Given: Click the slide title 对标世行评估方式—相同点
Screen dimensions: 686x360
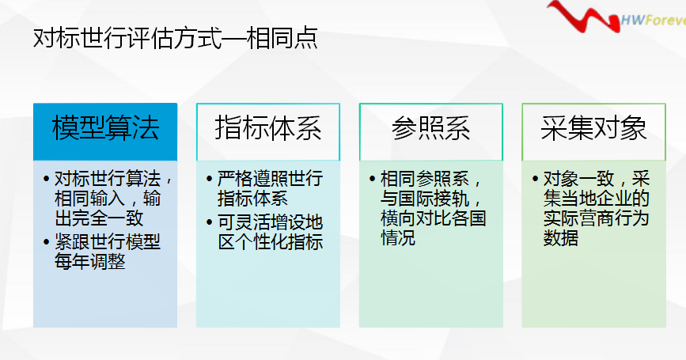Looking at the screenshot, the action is pos(176,38).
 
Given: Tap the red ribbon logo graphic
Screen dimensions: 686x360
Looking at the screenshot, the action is pos(584,17).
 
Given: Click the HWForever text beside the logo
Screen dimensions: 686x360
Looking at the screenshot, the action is pos(654,20).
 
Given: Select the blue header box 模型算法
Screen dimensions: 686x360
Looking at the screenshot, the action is pos(105,131).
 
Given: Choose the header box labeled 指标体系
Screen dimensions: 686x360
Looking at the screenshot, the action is pos(268,131).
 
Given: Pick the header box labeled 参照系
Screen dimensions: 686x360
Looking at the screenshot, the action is pos(431,131).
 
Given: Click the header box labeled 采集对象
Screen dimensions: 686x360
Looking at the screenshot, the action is pos(593,131).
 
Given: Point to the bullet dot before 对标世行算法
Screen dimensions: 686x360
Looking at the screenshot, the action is pos(47,179).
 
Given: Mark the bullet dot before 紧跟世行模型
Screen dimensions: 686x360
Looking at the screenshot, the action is pos(47,242).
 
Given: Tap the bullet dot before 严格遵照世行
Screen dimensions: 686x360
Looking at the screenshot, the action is pos(209,179).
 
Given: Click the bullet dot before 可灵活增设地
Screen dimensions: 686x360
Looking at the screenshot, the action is pos(209,222).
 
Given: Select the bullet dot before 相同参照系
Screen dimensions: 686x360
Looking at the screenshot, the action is pos(372,179).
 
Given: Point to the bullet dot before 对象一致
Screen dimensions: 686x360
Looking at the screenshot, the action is pos(535,179).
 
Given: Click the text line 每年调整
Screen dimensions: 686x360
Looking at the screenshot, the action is pos(90,262).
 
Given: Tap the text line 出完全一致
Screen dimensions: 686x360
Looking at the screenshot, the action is pos(100,218).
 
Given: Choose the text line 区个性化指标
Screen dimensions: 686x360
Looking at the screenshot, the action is pos(271,242).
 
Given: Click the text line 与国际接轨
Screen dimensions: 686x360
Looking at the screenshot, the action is pos(431,199).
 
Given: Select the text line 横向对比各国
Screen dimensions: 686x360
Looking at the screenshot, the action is pos(433,218).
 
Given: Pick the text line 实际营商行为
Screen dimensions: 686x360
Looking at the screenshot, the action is pos(596,218).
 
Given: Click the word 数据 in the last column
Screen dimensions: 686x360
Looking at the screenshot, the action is pos(561,238).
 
